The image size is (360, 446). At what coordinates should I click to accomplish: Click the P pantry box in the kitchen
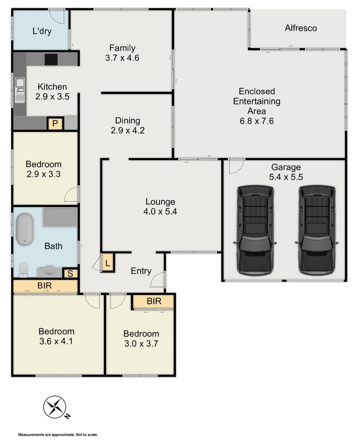click(x=55, y=123)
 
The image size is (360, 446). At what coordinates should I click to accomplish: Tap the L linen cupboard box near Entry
click(x=108, y=263)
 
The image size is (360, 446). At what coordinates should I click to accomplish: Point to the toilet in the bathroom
click(x=23, y=270)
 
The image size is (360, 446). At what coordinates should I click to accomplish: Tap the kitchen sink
click(x=19, y=90)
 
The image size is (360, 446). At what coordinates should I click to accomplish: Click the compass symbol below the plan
click(x=55, y=407)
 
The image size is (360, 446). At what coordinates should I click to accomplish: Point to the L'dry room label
click(x=42, y=31)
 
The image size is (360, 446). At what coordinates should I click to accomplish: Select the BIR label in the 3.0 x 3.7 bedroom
click(x=154, y=301)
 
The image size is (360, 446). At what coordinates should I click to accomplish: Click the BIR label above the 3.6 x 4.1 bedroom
click(x=45, y=285)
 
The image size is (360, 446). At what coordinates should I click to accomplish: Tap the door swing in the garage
click(x=236, y=166)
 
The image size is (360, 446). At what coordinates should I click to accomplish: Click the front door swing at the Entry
click(x=157, y=280)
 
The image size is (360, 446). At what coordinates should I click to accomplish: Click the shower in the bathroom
click(x=60, y=217)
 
